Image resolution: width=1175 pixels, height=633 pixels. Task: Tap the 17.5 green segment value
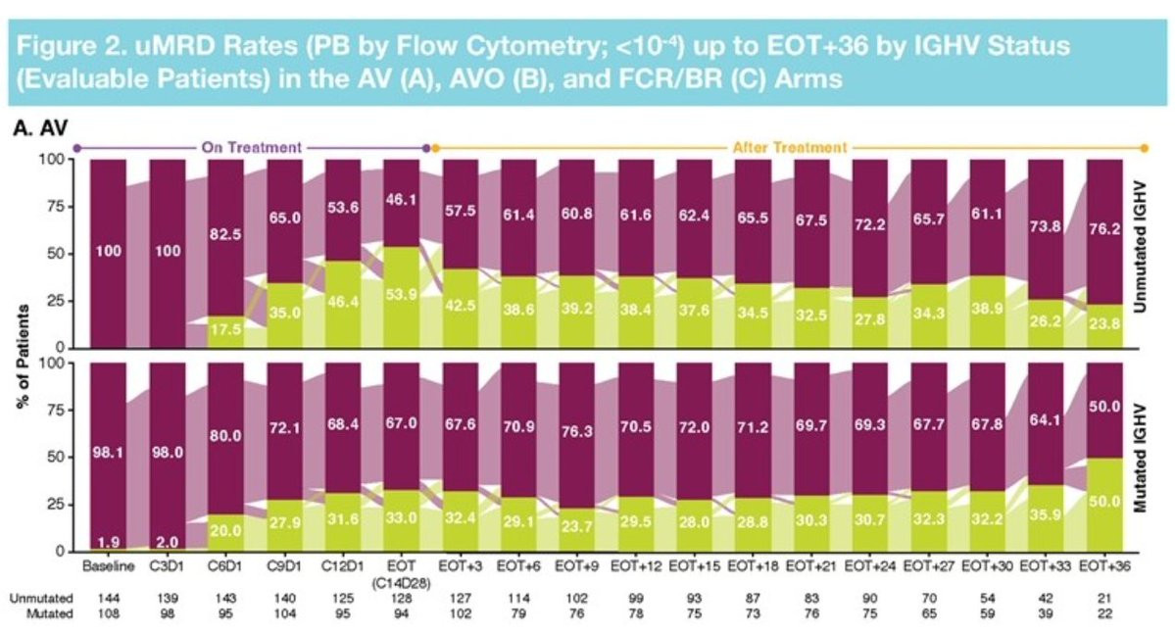pyautogui.click(x=225, y=328)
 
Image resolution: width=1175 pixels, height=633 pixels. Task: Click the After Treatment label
pyautogui.click(x=789, y=147)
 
